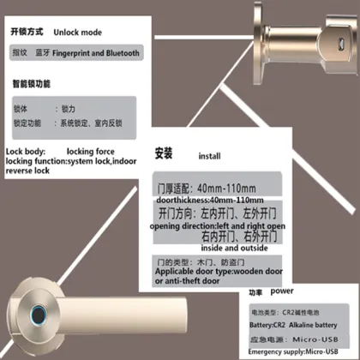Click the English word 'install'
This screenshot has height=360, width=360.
tap(210, 157)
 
